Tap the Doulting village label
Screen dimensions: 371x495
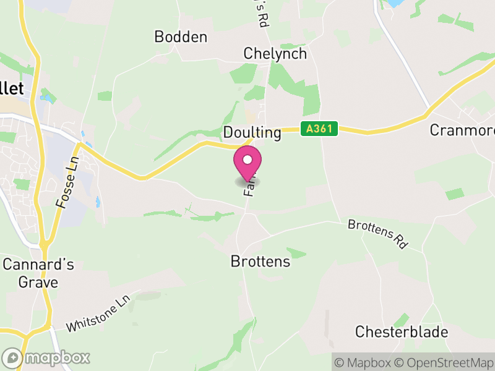pos(252,133)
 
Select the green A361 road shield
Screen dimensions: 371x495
pos(320,129)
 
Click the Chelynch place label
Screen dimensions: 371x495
pos(275,54)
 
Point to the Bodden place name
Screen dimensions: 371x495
pos(181,37)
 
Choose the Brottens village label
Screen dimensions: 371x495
pos(260,262)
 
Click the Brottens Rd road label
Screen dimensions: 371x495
pos(377,234)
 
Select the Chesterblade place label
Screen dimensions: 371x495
pos(401,332)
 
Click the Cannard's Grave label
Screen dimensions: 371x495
pos(38,273)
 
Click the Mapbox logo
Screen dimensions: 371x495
pos(46,357)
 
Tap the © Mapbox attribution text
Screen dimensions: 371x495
pos(364,362)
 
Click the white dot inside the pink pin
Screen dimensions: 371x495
pos(247,160)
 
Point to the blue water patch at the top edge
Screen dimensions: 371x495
pos(394,3)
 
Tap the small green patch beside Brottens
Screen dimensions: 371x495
pos(297,253)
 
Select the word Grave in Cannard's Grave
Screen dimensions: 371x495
pos(38,283)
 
